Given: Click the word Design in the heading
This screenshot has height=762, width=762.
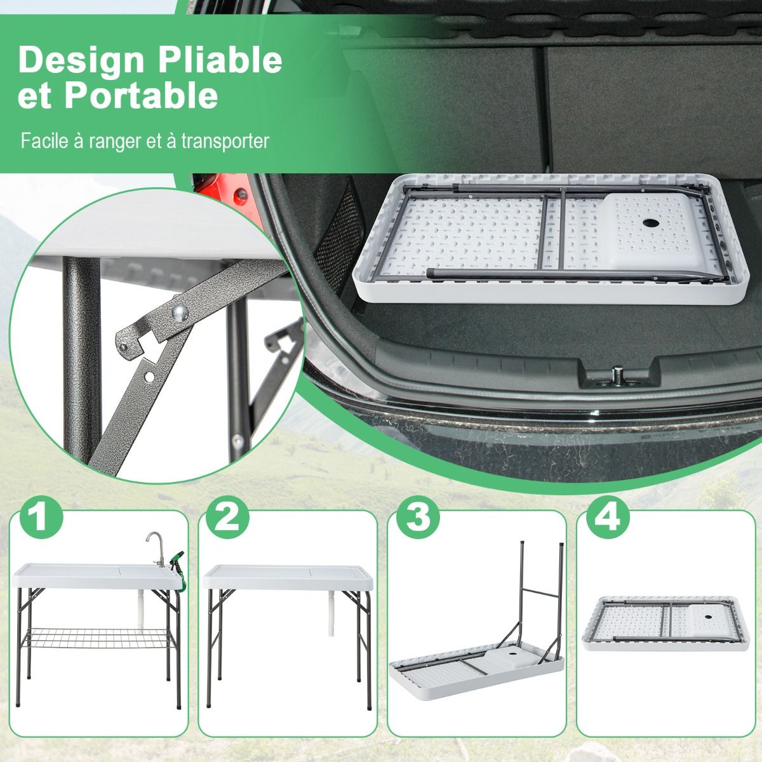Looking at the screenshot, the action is [x=81, y=60].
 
